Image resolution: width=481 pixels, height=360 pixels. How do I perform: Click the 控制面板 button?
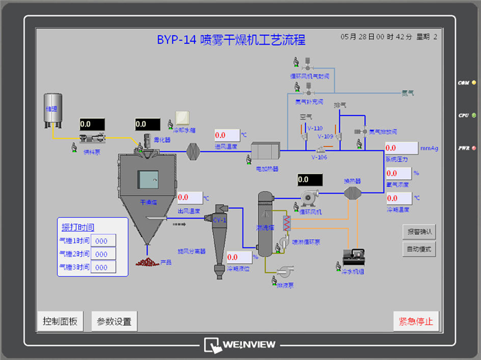pos(60,321)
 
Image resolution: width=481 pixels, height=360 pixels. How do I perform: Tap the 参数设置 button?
pos(114,321)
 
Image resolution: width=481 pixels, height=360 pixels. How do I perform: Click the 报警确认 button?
pos(419,232)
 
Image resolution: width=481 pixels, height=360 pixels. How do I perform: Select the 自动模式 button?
pos(419,249)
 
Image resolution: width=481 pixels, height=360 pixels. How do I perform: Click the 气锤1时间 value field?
pos(103,240)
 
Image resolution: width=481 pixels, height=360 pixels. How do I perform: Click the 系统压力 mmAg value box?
pos(401,148)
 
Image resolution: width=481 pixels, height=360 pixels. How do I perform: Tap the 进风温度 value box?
pos(227,135)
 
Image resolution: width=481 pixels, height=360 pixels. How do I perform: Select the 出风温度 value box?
pos(190,198)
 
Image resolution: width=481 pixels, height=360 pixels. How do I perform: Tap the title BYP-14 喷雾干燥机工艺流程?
pos(231,40)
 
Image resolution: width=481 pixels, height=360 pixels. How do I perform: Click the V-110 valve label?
pos(315,128)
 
